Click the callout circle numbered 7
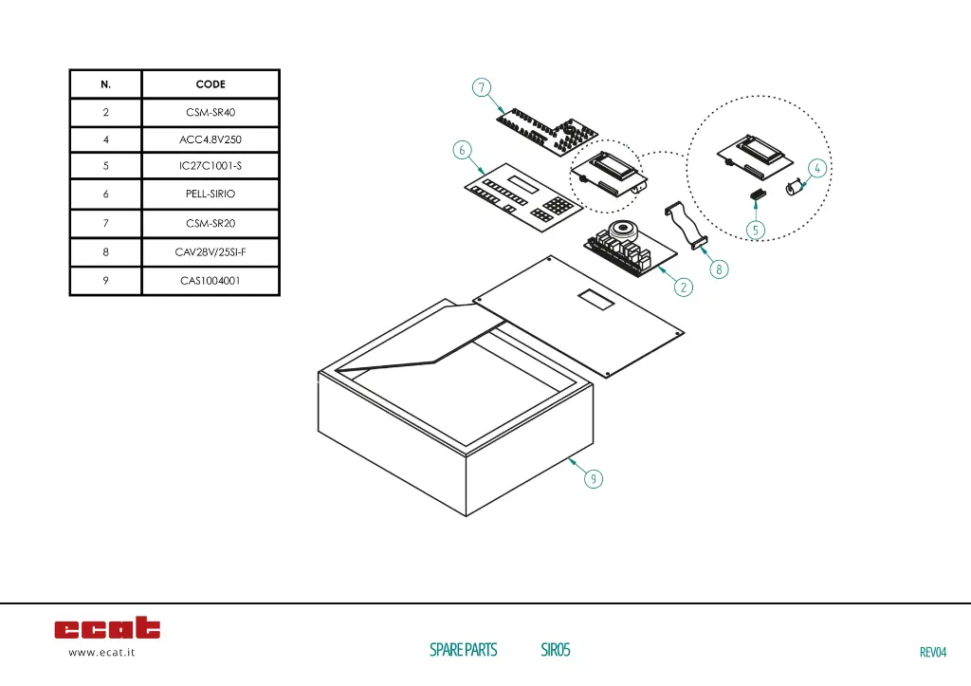click(x=482, y=88)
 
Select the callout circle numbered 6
click(x=461, y=150)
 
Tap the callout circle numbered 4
click(x=817, y=168)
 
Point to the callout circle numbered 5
click(x=756, y=230)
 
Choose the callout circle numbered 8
click(x=719, y=269)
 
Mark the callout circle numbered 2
click(x=684, y=286)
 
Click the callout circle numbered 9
click(x=593, y=479)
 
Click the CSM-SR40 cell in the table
click(x=211, y=112)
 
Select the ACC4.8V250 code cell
click(x=211, y=139)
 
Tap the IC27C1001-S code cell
click(x=211, y=166)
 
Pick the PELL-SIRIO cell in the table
click(x=211, y=194)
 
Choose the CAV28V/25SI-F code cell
click(x=211, y=252)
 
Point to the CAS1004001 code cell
click(x=211, y=281)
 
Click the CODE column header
click(x=211, y=84)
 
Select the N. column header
click(x=105, y=84)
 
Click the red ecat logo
click(x=107, y=628)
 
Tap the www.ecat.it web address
click(x=101, y=653)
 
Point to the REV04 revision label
click(x=933, y=652)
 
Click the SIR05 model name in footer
click(x=556, y=650)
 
